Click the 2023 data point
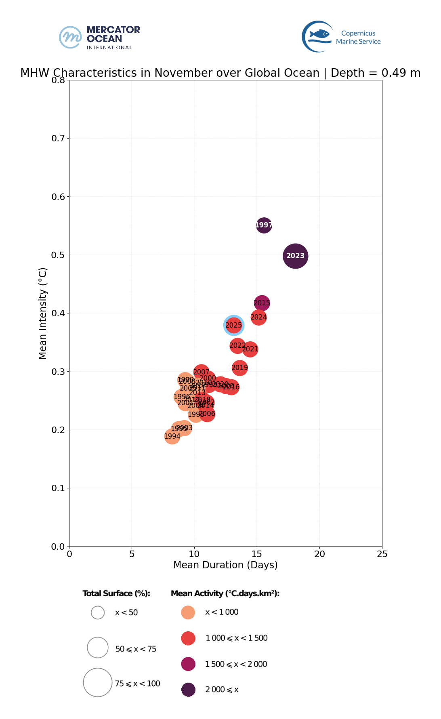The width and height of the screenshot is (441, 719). (x=296, y=256)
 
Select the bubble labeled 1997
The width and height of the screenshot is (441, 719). (x=264, y=225)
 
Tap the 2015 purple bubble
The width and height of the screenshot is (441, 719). (x=262, y=303)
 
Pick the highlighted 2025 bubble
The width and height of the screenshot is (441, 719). (x=233, y=325)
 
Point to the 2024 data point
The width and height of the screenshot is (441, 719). (x=259, y=317)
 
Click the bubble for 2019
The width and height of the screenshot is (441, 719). (x=239, y=368)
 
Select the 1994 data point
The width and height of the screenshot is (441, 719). (x=172, y=436)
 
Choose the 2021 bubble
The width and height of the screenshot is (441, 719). (x=250, y=349)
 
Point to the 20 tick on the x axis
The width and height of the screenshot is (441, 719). (x=319, y=554)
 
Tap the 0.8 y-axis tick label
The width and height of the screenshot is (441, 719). (x=58, y=80)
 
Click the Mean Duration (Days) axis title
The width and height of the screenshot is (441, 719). (x=225, y=565)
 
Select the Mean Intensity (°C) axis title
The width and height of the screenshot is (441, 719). (x=43, y=313)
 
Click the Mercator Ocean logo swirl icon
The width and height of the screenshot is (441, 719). (x=71, y=37)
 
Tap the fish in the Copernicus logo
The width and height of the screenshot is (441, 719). (x=319, y=34)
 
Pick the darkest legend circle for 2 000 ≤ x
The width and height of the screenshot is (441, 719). (x=188, y=690)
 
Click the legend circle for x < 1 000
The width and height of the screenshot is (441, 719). (x=188, y=612)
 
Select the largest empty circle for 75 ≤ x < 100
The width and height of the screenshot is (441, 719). (x=98, y=682)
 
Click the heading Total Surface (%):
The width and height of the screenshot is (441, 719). (x=116, y=593)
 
